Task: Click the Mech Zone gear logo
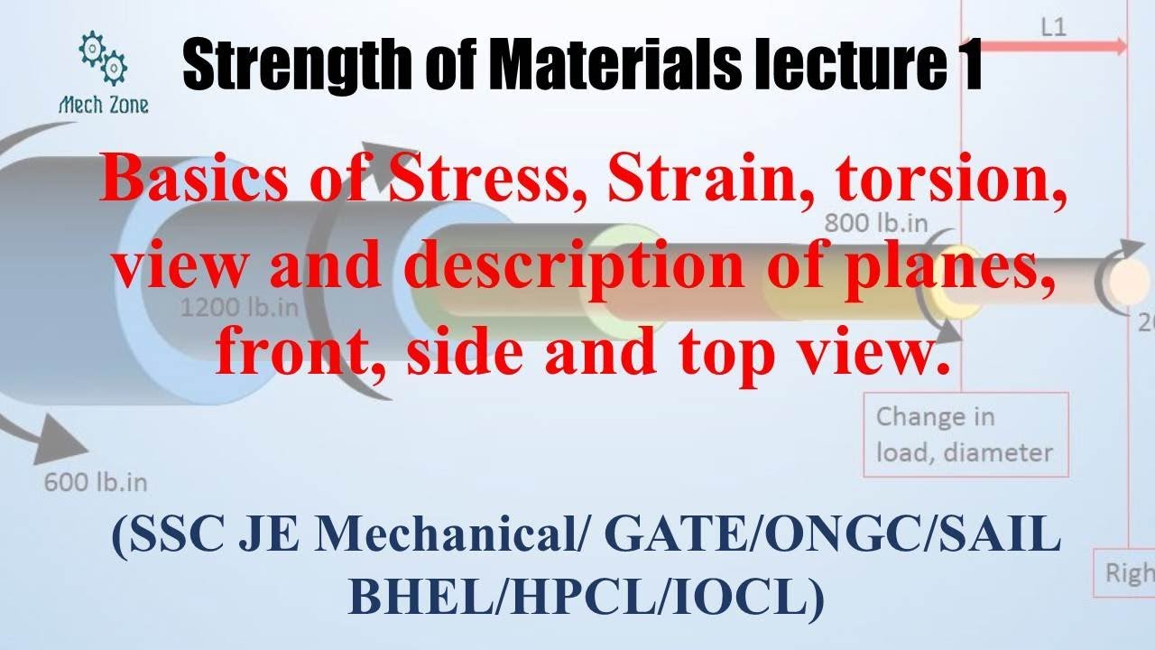click(x=103, y=58)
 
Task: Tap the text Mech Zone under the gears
click(x=104, y=105)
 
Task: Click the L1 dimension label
click(x=1053, y=26)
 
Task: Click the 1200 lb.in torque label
click(x=239, y=308)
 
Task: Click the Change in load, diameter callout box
click(x=965, y=434)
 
